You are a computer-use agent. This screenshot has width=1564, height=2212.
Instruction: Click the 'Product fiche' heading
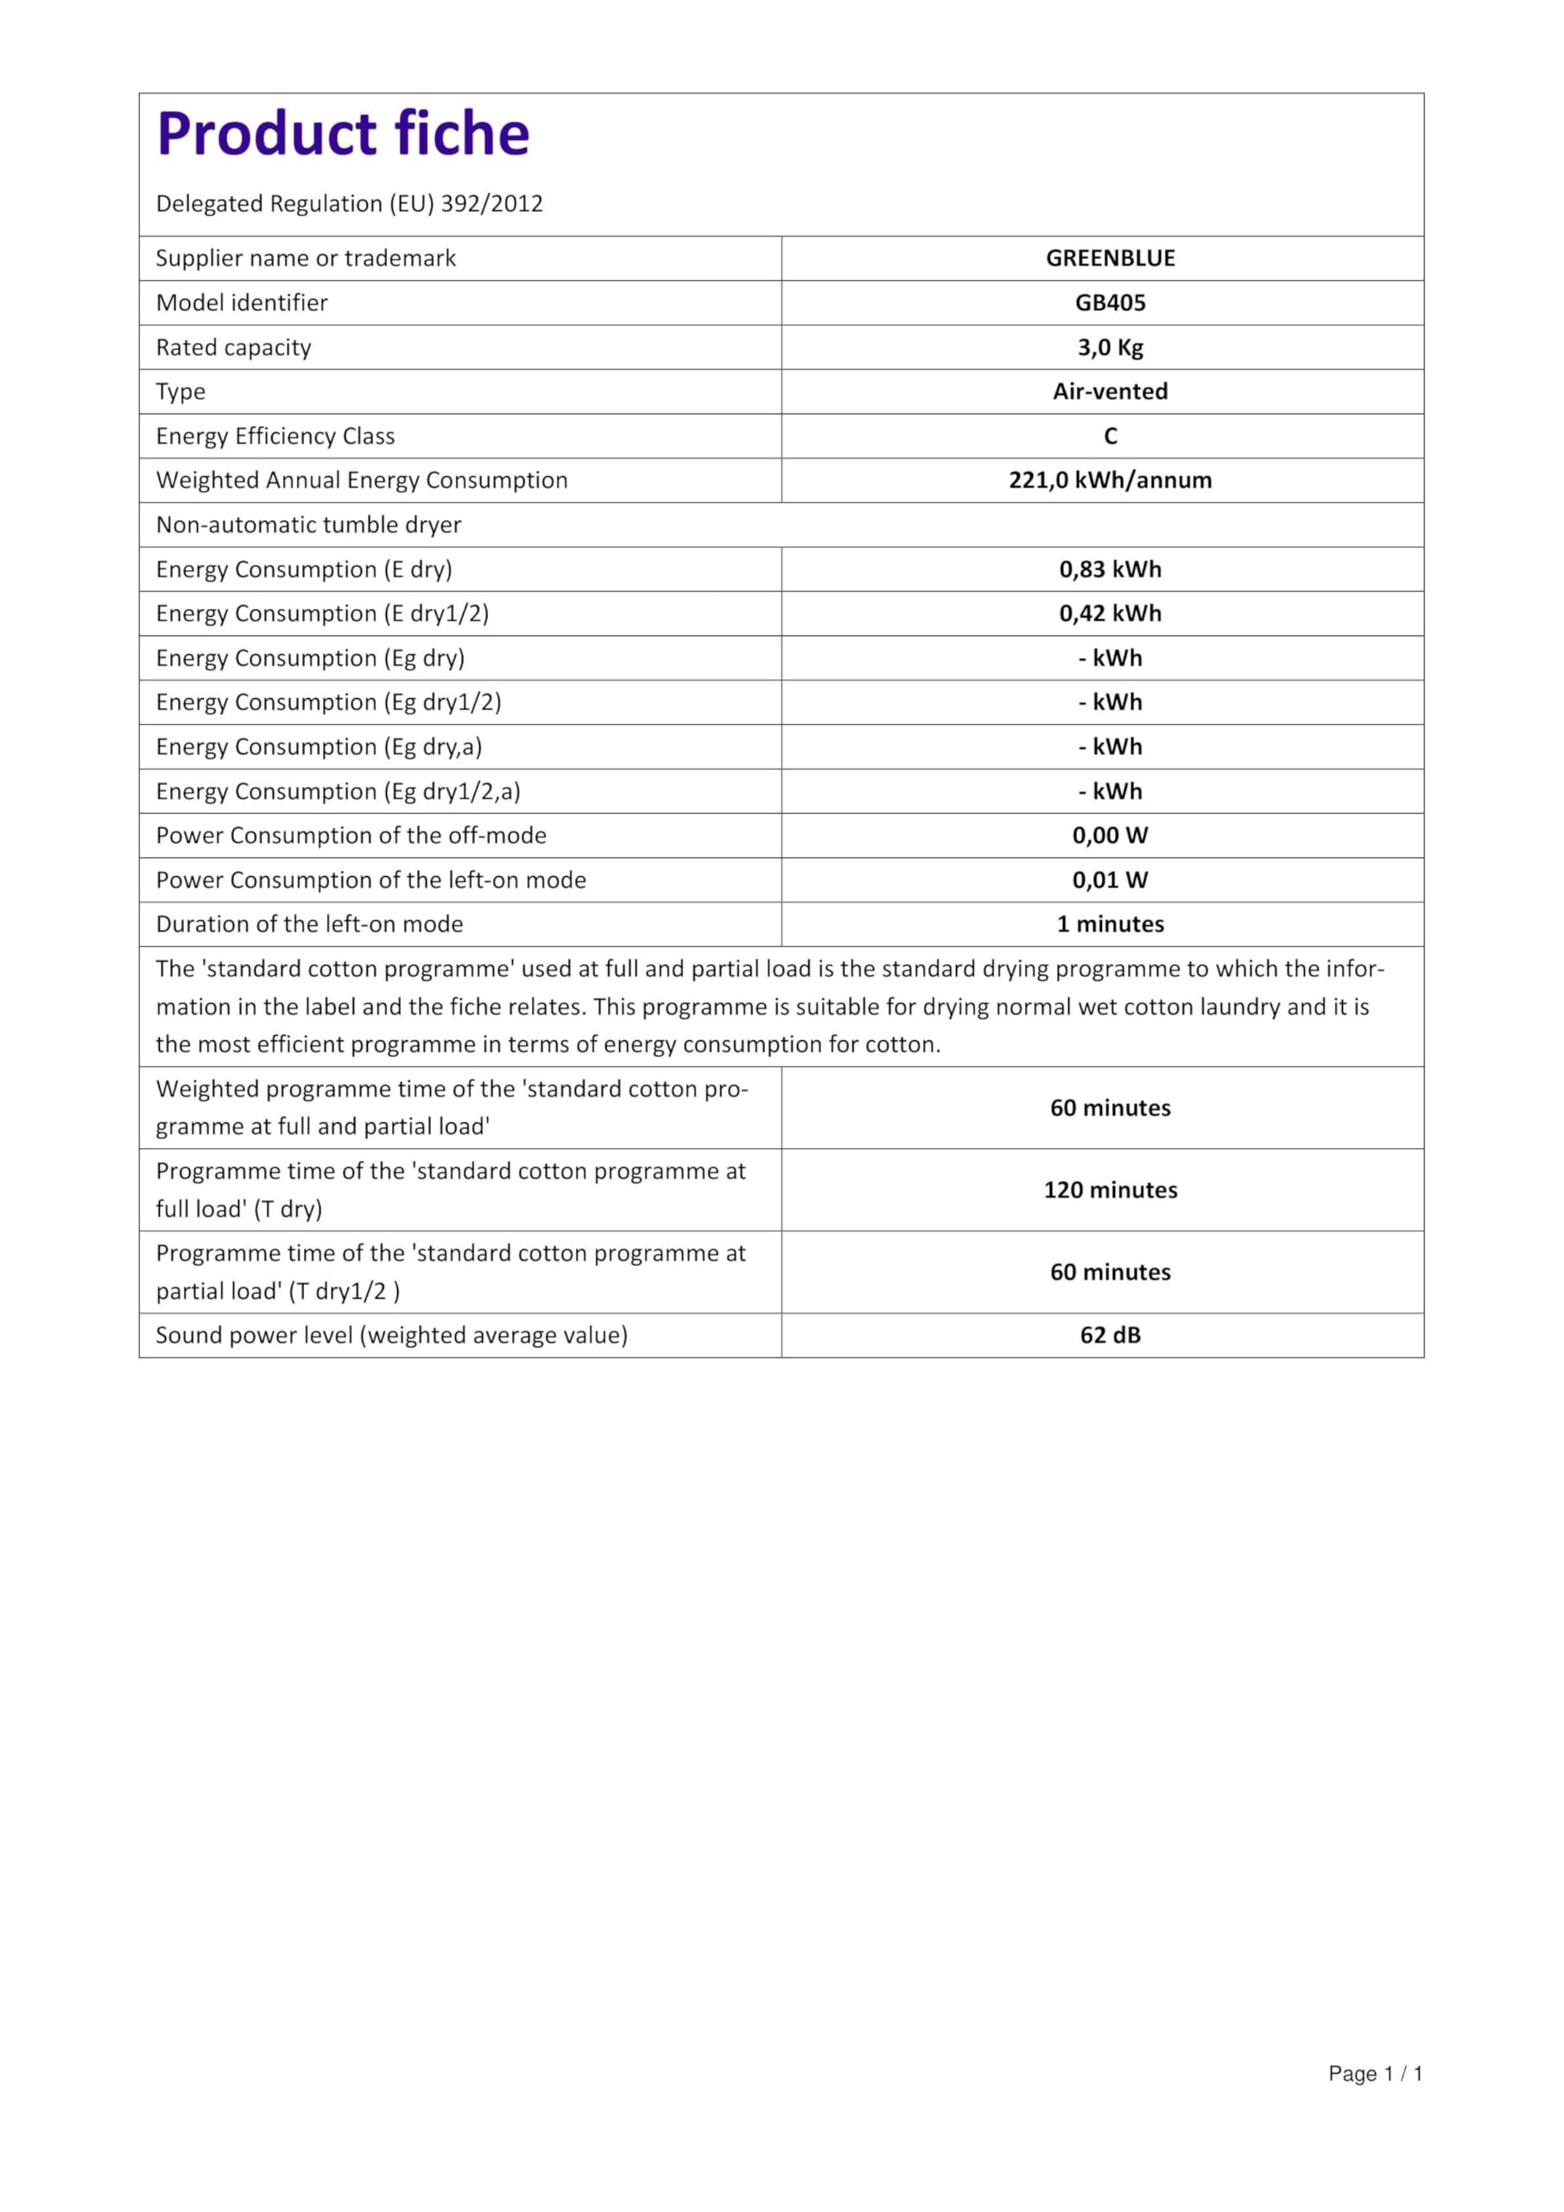pos(343,134)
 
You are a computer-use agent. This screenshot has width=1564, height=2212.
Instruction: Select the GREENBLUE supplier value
pos(1111,258)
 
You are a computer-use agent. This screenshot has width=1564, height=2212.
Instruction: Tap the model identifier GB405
pos(1111,302)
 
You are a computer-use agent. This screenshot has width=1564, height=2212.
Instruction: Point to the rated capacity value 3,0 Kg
pos(1111,346)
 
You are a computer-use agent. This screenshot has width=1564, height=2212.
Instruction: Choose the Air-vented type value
pos(1111,391)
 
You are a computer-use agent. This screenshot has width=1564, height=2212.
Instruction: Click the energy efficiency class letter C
pos(1111,436)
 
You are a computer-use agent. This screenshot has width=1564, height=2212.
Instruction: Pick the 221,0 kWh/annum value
pos(1111,480)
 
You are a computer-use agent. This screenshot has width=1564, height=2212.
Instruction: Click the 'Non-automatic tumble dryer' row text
pos(308,525)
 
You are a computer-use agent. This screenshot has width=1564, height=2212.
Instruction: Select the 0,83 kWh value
pos(1111,569)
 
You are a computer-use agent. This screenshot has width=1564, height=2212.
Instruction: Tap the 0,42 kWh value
pos(1111,613)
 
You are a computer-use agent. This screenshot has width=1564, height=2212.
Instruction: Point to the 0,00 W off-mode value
pos(1111,836)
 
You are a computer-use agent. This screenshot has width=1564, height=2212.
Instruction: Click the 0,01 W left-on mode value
pos(1111,880)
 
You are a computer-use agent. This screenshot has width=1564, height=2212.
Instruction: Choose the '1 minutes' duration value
pos(1111,924)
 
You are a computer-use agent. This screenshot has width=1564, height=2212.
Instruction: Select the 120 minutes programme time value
pos(1111,1190)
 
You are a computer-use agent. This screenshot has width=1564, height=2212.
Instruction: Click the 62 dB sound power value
pos(1111,1335)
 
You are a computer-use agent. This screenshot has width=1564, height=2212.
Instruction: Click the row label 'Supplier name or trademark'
pos(307,258)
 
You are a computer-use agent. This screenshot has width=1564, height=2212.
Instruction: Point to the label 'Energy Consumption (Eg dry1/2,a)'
pos(338,791)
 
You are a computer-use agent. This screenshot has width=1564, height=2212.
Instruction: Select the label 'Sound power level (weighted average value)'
pos(392,1335)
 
